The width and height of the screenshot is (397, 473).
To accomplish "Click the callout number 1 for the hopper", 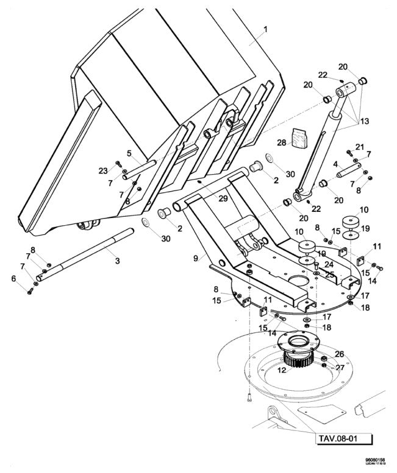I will click(x=265, y=30).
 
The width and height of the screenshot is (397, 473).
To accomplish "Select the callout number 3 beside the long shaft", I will click(x=118, y=261).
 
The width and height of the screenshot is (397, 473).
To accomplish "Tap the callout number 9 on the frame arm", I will click(x=196, y=258).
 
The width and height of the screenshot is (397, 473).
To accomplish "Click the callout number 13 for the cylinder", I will click(x=364, y=121).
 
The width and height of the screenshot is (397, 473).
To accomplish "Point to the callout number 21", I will click(x=360, y=147).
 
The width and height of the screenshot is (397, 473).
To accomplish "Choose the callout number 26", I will click(x=340, y=353).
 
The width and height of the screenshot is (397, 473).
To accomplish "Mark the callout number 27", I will click(x=340, y=368).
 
